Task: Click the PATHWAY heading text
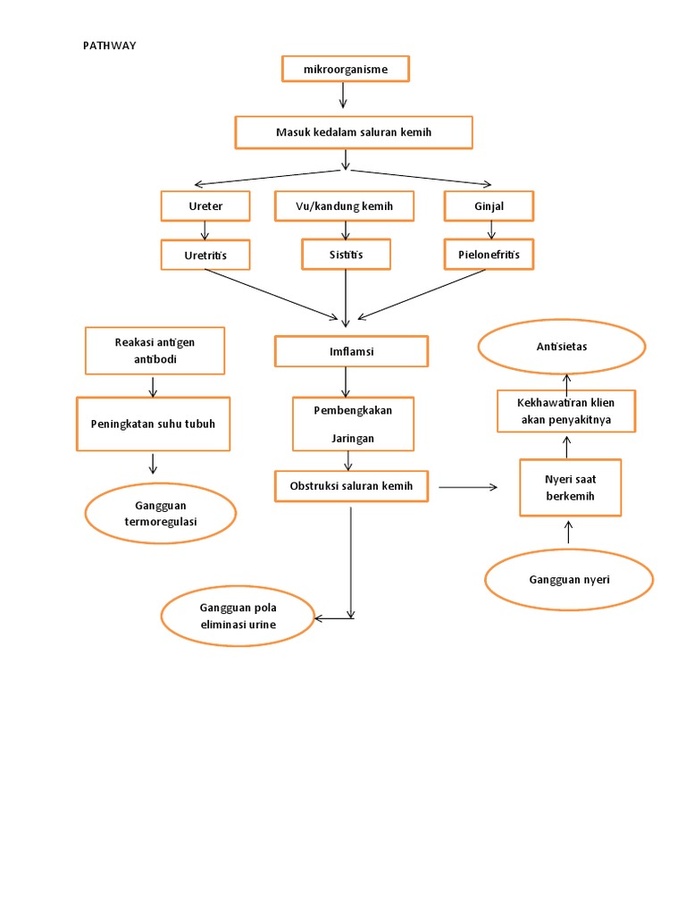110,46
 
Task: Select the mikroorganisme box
345,69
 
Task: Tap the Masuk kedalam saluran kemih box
353,132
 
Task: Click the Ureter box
205,206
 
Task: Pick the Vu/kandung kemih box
344,206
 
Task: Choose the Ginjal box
489,206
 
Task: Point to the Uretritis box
205,256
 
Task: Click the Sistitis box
346,255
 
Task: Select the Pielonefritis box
489,255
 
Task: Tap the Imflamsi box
351,351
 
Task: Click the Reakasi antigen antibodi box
155,351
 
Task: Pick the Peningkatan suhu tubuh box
153,424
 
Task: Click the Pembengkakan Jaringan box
353,424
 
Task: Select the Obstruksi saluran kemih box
351,487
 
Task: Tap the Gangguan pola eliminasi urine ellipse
238,617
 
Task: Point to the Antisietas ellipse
561,347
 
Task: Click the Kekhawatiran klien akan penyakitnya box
566,411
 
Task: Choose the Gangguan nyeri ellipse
569,580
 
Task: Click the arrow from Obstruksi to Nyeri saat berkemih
468,487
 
